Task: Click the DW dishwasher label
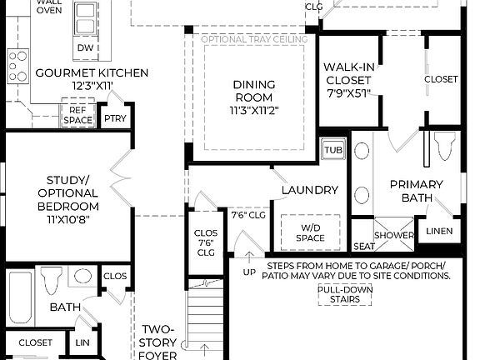85,48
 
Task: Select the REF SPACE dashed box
77,115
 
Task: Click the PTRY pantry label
114,120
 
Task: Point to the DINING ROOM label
253,91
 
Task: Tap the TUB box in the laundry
333,150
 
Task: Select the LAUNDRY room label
309,190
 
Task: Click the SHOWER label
394,236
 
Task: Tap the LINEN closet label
439,231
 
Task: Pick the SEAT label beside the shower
363,247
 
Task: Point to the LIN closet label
82,343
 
